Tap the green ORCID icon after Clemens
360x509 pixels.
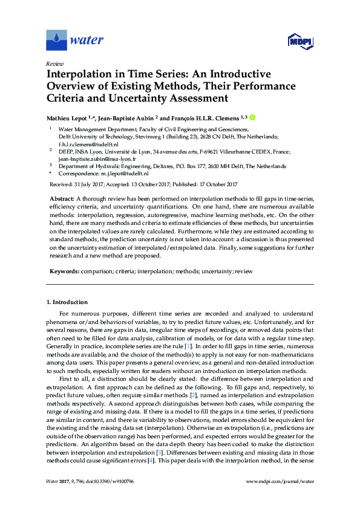(x=252, y=117)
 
